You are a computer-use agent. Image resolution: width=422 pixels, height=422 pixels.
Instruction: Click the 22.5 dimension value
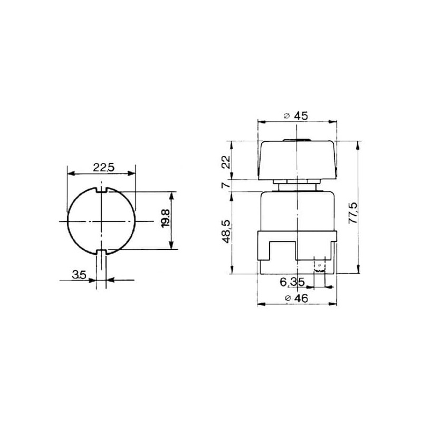[103, 167]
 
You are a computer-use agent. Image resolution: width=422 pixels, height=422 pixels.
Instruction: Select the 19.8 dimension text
[166, 218]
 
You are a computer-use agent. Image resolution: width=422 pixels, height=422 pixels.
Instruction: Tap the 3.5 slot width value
[79, 275]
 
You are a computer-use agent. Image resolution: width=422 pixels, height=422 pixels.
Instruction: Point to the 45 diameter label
[301, 116]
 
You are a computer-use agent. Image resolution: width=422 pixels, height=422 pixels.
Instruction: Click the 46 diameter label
[301, 298]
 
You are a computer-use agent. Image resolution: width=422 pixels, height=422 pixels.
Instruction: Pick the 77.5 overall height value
[353, 213]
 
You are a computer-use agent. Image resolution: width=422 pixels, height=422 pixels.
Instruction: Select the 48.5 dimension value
[227, 232]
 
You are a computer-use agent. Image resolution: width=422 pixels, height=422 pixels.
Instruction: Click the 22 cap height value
[227, 162]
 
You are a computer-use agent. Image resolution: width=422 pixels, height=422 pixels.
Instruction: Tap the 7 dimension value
[227, 186]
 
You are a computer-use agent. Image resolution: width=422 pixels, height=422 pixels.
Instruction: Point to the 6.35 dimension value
[292, 282]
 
